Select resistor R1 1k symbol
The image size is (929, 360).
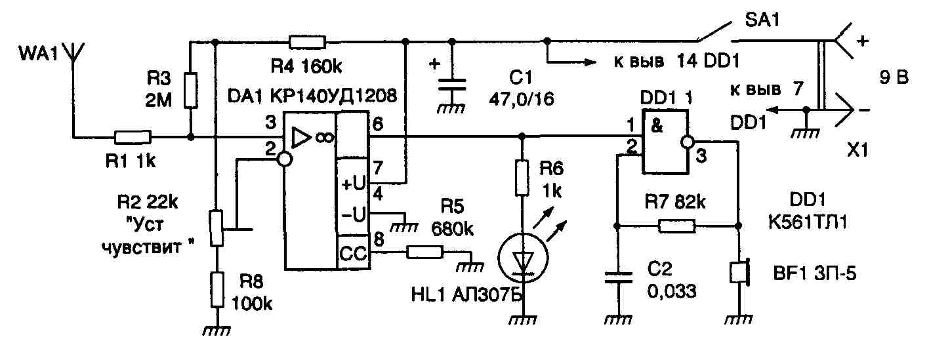133,137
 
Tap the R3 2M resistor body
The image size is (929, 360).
190,90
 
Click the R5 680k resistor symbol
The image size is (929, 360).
424,251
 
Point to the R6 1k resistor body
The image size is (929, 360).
522,178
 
